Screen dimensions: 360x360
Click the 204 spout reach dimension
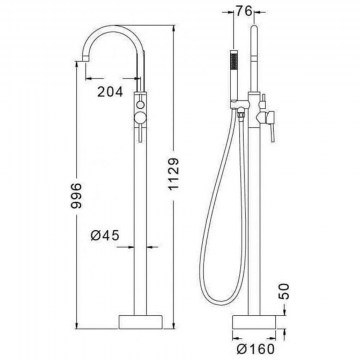[110, 92]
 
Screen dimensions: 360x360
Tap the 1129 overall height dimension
[174, 174]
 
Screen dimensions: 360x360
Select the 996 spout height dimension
[76, 195]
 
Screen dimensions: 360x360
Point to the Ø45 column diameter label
[105, 236]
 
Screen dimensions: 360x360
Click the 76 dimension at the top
[244, 11]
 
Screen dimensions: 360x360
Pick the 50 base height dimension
[284, 291]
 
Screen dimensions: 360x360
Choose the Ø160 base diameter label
[256, 349]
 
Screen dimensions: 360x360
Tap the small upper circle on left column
[140, 104]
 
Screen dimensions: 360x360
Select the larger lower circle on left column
[140, 117]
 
